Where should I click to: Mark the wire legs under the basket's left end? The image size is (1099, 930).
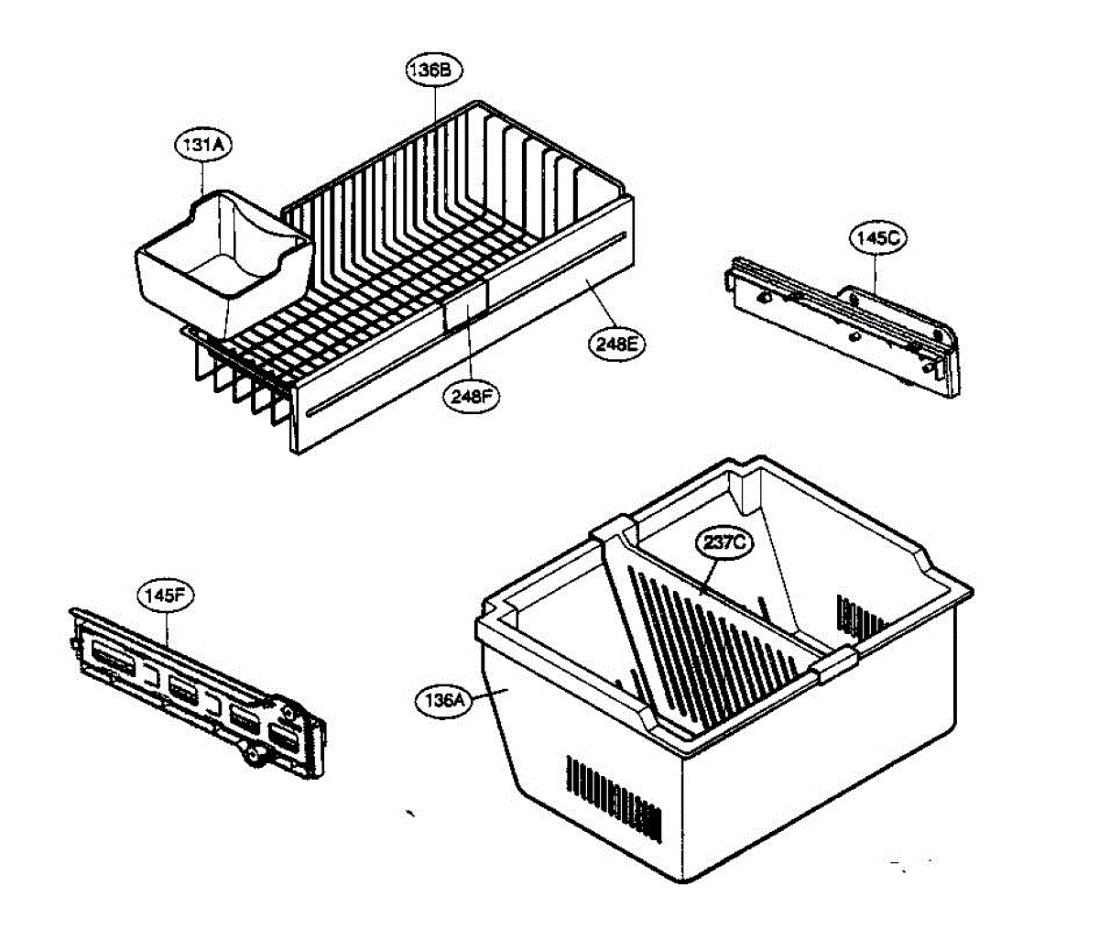(234, 385)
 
